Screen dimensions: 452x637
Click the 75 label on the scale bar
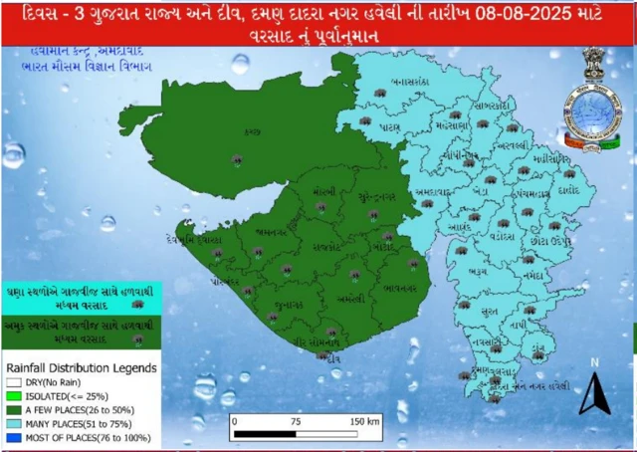pyautogui.click(x=296, y=421)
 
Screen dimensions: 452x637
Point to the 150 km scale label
pyautogui.click(x=365, y=421)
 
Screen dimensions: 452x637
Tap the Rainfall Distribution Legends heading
pyautogui.click(x=82, y=367)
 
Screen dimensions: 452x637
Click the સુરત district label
pyautogui.click(x=490, y=312)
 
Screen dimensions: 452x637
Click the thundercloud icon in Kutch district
pyautogui.click(x=237, y=158)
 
